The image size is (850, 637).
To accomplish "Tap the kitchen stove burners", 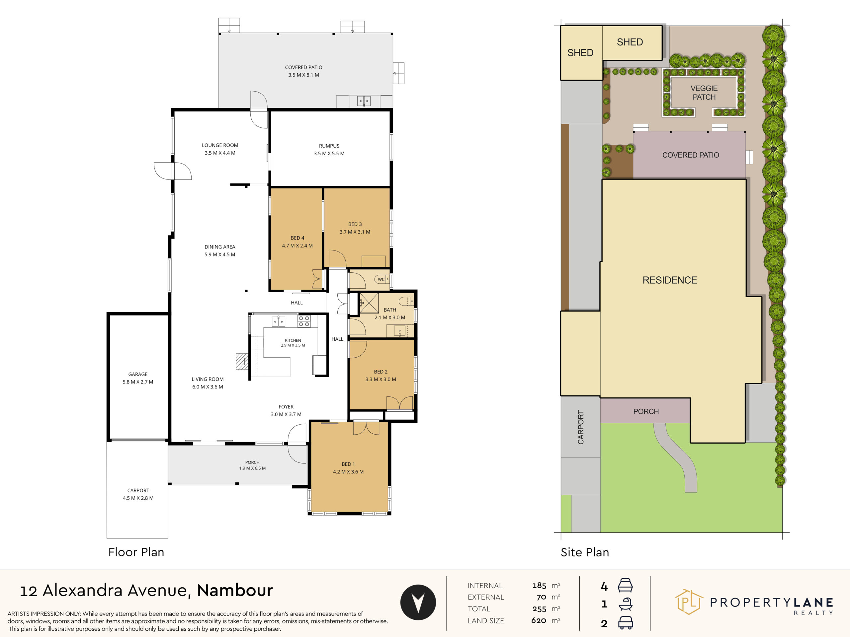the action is pyautogui.click(x=304, y=321).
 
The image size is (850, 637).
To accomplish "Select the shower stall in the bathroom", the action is pyautogui.click(x=369, y=303).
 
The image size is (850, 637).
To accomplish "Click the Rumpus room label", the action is pyautogui.click(x=329, y=146).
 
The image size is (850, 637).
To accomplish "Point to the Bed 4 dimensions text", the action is pyautogui.click(x=297, y=246).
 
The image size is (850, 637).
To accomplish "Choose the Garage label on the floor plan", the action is pyautogui.click(x=137, y=374).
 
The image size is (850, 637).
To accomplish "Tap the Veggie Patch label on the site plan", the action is pyautogui.click(x=704, y=93).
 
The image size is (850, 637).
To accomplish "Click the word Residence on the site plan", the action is pyautogui.click(x=670, y=280).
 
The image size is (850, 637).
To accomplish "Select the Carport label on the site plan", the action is pyautogui.click(x=581, y=427).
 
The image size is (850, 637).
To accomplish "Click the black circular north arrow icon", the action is pyautogui.click(x=418, y=602).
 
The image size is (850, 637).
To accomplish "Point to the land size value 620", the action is pyautogui.click(x=539, y=620).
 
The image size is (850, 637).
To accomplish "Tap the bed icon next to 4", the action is pyautogui.click(x=625, y=586).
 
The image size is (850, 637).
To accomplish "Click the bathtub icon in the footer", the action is pyautogui.click(x=626, y=604).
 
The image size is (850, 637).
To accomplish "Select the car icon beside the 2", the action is pyautogui.click(x=626, y=623).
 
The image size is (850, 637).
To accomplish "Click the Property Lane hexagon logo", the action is pyautogui.click(x=689, y=602).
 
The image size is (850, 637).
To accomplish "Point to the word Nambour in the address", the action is pyautogui.click(x=235, y=591).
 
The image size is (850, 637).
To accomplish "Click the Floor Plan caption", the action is pyautogui.click(x=136, y=552).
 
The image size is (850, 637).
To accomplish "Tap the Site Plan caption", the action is pyautogui.click(x=585, y=552).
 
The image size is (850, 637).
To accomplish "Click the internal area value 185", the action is pyautogui.click(x=539, y=586).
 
